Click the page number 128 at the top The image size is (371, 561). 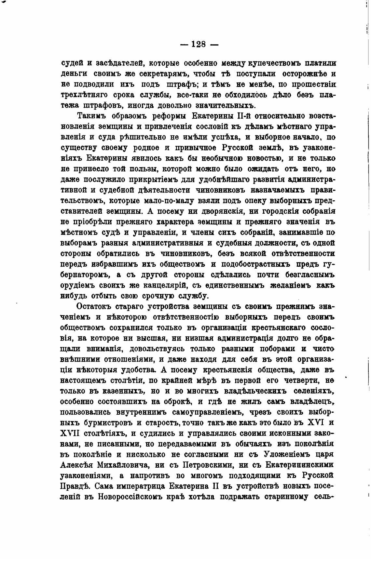click(199, 44)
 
